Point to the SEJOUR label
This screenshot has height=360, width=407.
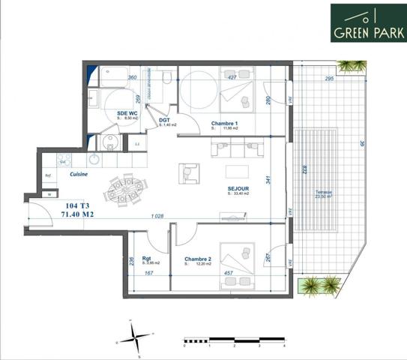239,188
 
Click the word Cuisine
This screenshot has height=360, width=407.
79,174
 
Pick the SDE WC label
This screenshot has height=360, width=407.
125,113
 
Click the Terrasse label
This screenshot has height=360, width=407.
324,192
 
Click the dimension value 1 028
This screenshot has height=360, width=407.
157,216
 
